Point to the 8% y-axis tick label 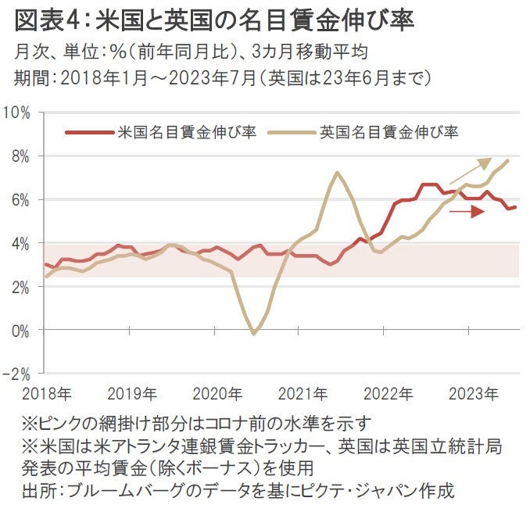tap(20, 156)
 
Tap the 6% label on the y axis tap(20, 200)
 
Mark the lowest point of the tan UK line tap(253, 334)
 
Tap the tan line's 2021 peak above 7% tap(337, 173)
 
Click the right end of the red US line tap(515, 206)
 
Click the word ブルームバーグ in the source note tap(136, 492)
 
